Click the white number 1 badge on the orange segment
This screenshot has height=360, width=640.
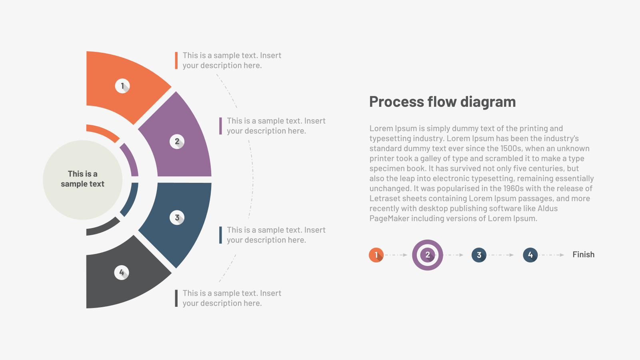point(122,86)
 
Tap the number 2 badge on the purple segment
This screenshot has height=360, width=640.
point(177,142)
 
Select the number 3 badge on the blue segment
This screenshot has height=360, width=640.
point(177,218)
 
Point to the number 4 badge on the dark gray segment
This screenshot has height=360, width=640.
point(122,272)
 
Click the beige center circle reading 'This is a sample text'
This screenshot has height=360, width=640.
point(82,180)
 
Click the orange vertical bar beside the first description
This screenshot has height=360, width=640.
point(176,60)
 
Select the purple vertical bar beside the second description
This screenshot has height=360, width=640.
point(220,126)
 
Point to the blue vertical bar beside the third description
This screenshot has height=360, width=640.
point(220,235)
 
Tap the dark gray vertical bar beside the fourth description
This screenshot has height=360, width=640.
point(176,298)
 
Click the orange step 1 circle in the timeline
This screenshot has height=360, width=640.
point(376,255)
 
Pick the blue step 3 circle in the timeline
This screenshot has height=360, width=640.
point(479,255)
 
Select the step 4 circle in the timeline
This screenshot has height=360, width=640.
point(530,255)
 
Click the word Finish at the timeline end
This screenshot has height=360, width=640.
point(584,254)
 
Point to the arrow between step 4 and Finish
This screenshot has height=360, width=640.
point(552,255)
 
